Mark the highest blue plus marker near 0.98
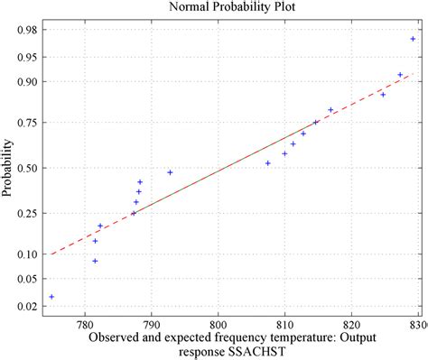pyautogui.click(x=413, y=39)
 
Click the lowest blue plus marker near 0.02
pyautogui.click(x=51, y=297)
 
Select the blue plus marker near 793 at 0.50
pyautogui.click(x=170, y=172)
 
